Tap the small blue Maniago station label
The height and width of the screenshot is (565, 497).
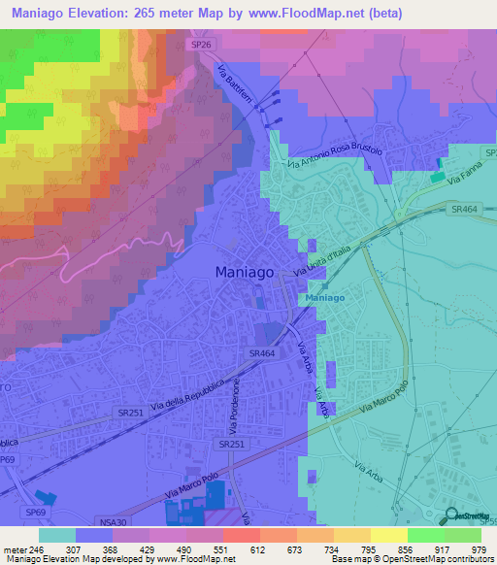tap(325, 298)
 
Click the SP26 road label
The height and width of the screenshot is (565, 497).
tap(199, 45)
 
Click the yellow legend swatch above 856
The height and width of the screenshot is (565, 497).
tap(388, 535)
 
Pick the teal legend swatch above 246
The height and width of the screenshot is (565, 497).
tap(56, 535)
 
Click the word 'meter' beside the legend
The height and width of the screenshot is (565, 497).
tap(15, 548)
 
